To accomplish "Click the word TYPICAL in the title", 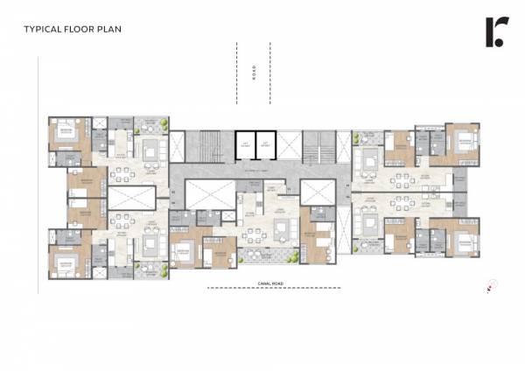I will point(42,29).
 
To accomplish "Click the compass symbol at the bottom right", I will point(491,284).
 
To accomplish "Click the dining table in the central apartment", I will point(255,234).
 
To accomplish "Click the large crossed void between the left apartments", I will point(125,197).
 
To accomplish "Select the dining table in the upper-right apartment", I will point(404,180).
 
